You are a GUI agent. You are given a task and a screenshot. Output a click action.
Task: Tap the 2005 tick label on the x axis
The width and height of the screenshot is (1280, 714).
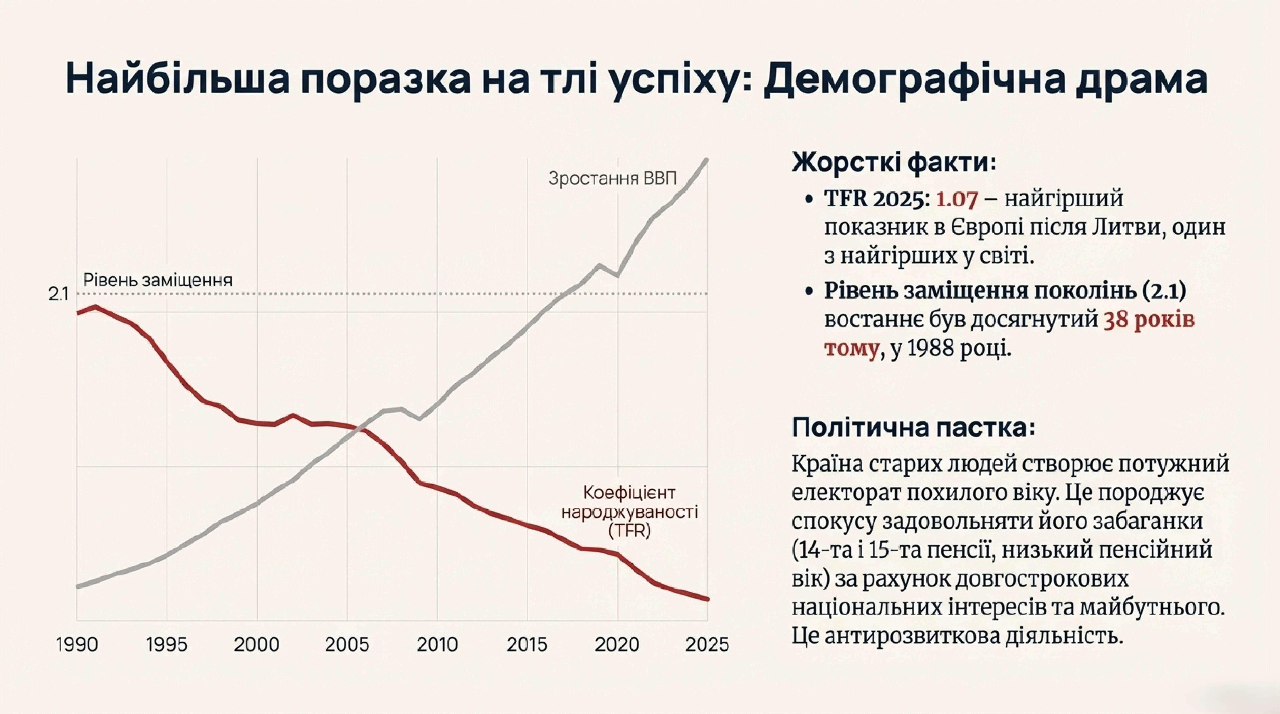[347, 644]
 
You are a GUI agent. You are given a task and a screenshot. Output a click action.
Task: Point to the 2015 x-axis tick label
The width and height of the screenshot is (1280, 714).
[527, 644]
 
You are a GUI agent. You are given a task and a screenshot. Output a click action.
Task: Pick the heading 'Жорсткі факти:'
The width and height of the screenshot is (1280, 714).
[894, 162]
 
